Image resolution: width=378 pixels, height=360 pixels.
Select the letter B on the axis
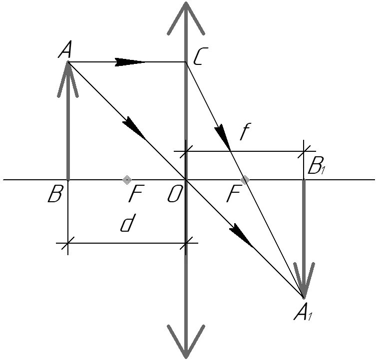(x=54, y=194)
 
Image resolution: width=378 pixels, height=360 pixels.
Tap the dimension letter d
(x=127, y=224)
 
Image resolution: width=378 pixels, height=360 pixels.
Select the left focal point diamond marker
(x=127, y=179)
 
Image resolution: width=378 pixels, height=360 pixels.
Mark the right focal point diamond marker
(x=244, y=179)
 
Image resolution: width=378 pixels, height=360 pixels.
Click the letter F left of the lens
(x=135, y=195)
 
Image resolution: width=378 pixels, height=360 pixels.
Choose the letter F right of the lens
(x=233, y=195)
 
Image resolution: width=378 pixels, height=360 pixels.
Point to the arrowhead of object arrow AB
(x=68, y=75)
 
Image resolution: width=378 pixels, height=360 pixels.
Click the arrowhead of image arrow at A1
(x=303, y=282)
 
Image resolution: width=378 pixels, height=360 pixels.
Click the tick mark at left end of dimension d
(x=68, y=243)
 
